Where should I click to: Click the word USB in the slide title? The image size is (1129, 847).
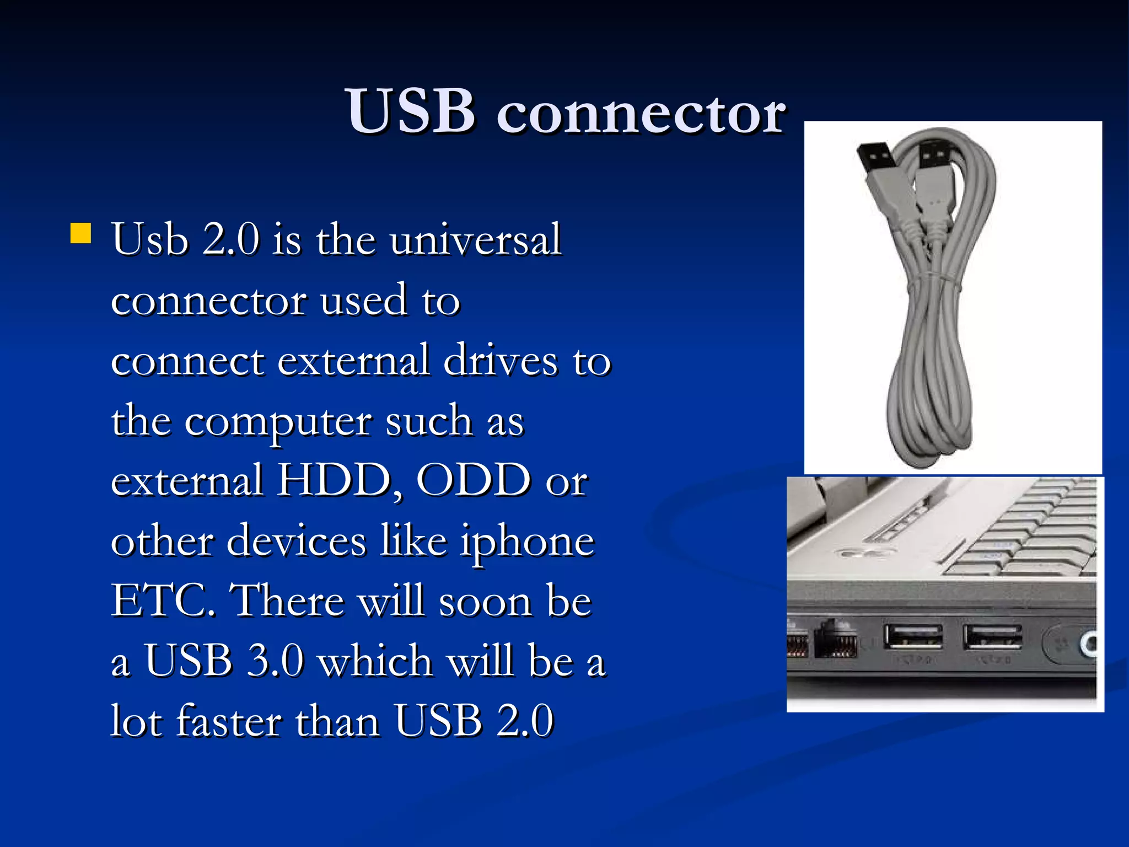pyautogui.click(x=410, y=112)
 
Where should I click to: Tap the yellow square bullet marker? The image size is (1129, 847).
pyautogui.click(x=80, y=233)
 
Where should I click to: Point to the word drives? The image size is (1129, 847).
pyautogui.click(x=501, y=361)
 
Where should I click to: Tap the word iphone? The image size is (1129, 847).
pyautogui.click(x=528, y=542)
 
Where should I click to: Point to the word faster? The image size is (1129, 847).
pyautogui.click(x=228, y=721)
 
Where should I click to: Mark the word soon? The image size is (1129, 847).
pyautogui.click(x=486, y=601)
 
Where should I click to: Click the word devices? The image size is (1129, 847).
pyautogui.click(x=296, y=541)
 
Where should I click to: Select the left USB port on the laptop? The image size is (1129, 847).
pyautogui.click(x=913, y=637)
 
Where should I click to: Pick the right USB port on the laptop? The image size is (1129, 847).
pyautogui.click(x=992, y=637)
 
